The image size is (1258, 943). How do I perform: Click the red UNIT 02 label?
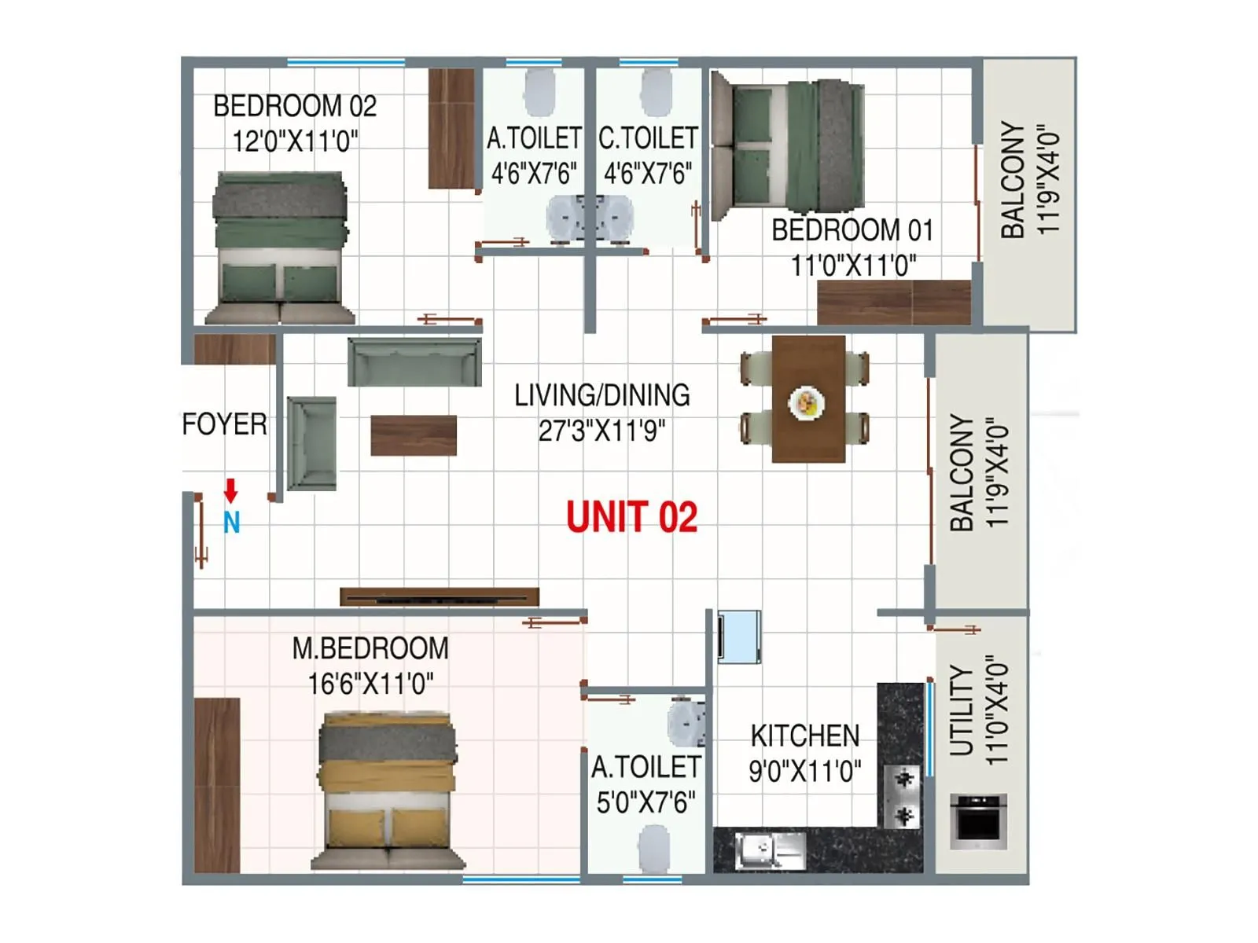click(x=631, y=518)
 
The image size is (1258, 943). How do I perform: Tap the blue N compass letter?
click(x=231, y=523)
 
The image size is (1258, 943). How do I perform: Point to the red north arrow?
click(x=230, y=490)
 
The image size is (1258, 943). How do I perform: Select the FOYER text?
click(x=224, y=424)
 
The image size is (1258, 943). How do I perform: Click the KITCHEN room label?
click(x=804, y=736)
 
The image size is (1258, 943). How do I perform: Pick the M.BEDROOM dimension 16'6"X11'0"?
click(x=370, y=684)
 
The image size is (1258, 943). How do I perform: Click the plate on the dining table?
click(x=807, y=402)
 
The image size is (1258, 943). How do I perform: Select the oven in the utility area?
click(x=978, y=821)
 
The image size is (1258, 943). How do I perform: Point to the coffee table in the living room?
click(x=414, y=435)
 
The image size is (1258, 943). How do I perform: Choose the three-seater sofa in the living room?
click(x=414, y=362)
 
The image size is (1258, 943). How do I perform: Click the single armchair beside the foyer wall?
click(x=312, y=443)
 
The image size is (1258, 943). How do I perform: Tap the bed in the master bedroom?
click(x=387, y=790)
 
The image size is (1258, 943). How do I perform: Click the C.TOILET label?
click(x=648, y=138)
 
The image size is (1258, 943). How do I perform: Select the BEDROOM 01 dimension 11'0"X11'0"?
click(x=853, y=266)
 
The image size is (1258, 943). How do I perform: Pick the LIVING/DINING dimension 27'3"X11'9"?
click(x=601, y=431)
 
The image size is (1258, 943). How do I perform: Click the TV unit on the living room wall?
click(x=440, y=597)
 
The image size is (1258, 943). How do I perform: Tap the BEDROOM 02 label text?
click(x=295, y=106)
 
